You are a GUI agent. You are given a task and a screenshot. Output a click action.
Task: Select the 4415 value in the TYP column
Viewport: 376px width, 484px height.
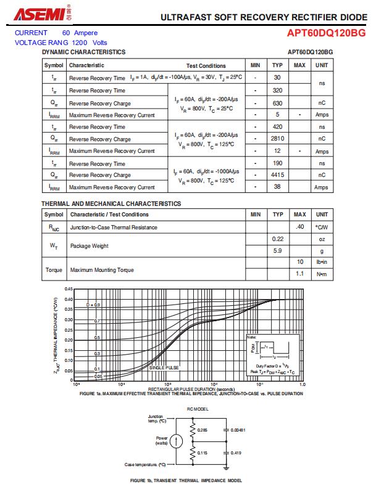click(277, 175)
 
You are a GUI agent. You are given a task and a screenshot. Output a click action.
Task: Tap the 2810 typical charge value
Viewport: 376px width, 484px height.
click(277, 139)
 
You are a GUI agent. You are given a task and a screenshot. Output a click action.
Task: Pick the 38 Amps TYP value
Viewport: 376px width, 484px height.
click(277, 187)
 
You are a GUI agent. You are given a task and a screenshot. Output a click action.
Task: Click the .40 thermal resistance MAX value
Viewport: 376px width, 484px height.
click(300, 227)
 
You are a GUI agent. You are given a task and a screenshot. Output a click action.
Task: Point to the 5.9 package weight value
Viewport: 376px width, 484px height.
click(277, 252)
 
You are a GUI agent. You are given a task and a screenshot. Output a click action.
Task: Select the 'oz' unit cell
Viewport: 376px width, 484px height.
click(322, 239)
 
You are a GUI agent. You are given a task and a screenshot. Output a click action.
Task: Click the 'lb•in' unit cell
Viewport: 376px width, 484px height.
click(322, 263)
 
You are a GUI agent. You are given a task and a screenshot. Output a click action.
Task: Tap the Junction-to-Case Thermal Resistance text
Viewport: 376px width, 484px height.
click(114, 227)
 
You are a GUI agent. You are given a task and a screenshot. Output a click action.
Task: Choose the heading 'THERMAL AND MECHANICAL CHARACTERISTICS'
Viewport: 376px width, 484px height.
click(111, 203)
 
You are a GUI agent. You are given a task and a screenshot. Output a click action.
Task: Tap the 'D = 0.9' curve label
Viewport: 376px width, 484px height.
click(93, 305)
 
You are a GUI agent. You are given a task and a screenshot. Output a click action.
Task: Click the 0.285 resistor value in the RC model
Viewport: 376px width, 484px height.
click(203, 429)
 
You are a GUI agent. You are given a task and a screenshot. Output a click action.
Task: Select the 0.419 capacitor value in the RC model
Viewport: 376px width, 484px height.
click(236, 453)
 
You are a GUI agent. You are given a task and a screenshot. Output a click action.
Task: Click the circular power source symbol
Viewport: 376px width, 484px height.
click(177, 441)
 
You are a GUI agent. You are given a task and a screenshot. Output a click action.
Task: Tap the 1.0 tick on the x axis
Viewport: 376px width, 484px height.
click(303, 384)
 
